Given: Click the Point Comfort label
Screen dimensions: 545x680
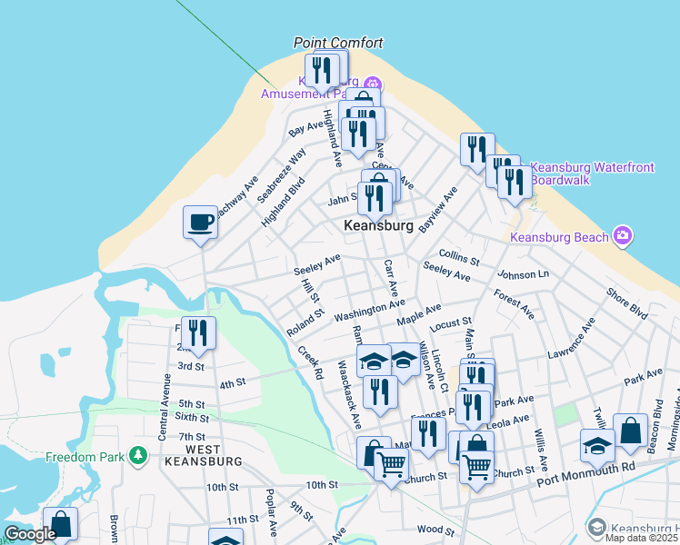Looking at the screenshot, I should click(338, 43).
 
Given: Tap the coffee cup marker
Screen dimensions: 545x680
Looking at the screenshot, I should click(200, 221).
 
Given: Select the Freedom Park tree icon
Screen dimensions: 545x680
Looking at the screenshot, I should click(137, 454).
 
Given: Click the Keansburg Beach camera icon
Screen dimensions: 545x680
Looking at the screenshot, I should click(623, 237).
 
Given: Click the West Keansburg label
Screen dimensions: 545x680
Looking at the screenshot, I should click(213, 455).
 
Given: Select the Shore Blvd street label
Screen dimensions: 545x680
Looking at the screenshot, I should click(627, 303).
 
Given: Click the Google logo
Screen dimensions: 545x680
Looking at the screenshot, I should click(30, 534).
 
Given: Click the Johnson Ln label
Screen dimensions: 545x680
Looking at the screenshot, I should click(523, 274).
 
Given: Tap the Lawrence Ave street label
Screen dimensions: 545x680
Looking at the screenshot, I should click(571, 345).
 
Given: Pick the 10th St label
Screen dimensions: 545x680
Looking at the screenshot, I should click(322, 486).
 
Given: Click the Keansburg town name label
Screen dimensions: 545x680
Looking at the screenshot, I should click(379, 225).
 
